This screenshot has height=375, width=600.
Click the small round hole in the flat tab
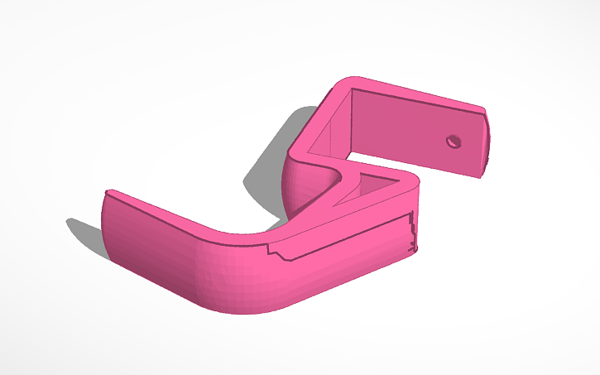(x=453, y=141)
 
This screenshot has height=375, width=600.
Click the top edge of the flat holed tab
(x=422, y=96)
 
